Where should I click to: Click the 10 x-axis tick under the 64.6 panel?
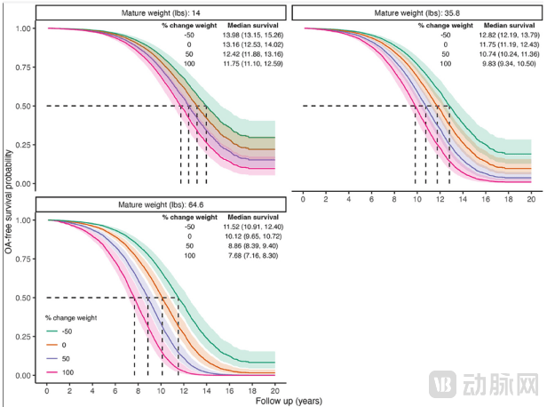[x=161, y=390]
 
